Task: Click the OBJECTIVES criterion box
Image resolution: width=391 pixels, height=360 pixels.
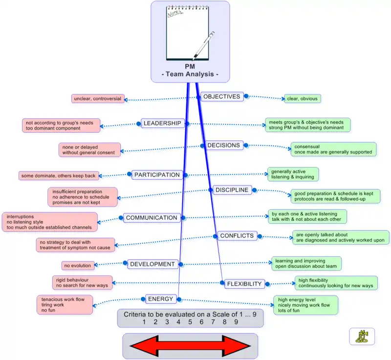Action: [222, 97]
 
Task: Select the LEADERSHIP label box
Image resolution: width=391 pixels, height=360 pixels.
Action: [162, 124]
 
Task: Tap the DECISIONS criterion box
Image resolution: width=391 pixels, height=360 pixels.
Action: [223, 146]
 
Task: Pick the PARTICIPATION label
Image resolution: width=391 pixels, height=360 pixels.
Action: [157, 175]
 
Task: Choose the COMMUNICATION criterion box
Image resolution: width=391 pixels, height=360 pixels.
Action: [151, 218]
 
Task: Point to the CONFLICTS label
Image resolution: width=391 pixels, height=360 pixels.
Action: [237, 236]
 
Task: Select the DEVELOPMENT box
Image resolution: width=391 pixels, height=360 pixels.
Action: [152, 264]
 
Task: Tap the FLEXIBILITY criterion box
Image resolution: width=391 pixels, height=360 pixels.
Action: [245, 284]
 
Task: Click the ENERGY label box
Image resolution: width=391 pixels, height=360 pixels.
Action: [160, 299]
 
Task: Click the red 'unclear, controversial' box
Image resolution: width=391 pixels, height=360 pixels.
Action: [98, 99]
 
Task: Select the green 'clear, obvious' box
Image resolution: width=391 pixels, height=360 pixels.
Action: [302, 99]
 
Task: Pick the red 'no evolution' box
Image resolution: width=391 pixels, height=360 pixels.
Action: [77, 266]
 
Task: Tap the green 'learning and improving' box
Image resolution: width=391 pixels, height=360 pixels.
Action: [306, 264]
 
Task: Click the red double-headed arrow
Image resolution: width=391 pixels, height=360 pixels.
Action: [190, 346]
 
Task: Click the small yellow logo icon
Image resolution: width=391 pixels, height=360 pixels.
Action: [362, 336]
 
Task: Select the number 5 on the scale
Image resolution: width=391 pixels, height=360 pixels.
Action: [190, 322]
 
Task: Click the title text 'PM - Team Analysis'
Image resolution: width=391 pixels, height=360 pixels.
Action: [190, 71]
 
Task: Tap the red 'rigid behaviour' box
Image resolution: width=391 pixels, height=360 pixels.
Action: [83, 282]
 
